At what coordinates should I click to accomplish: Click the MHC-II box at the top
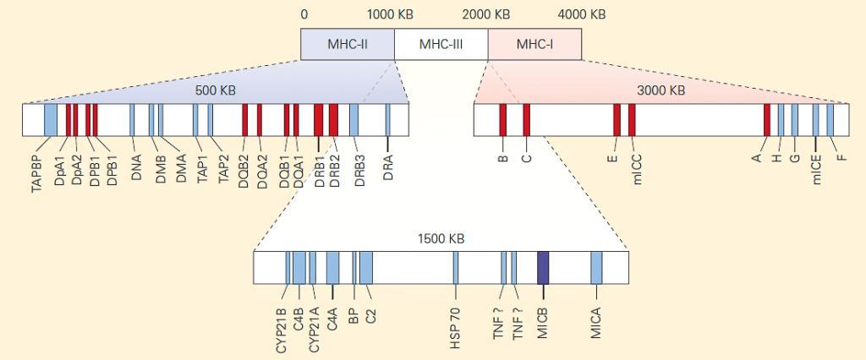click(x=348, y=44)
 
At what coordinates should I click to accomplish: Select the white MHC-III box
click(x=441, y=44)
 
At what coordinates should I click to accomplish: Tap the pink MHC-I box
click(x=534, y=44)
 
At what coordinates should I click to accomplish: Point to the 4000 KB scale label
click(x=581, y=14)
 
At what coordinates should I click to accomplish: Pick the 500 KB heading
click(x=216, y=90)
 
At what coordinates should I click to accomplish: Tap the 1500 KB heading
click(x=441, y=238)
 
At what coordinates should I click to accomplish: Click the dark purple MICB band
click(x=543, y=267)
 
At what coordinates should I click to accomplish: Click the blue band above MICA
click(x=596, y=267)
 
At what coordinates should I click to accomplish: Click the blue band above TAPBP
click(x=50, y=119)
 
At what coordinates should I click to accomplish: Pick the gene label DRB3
click(x=359, y=169)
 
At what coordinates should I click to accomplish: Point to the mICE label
click(x=818, y=167)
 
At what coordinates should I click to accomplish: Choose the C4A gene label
click(x=332, y=324)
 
